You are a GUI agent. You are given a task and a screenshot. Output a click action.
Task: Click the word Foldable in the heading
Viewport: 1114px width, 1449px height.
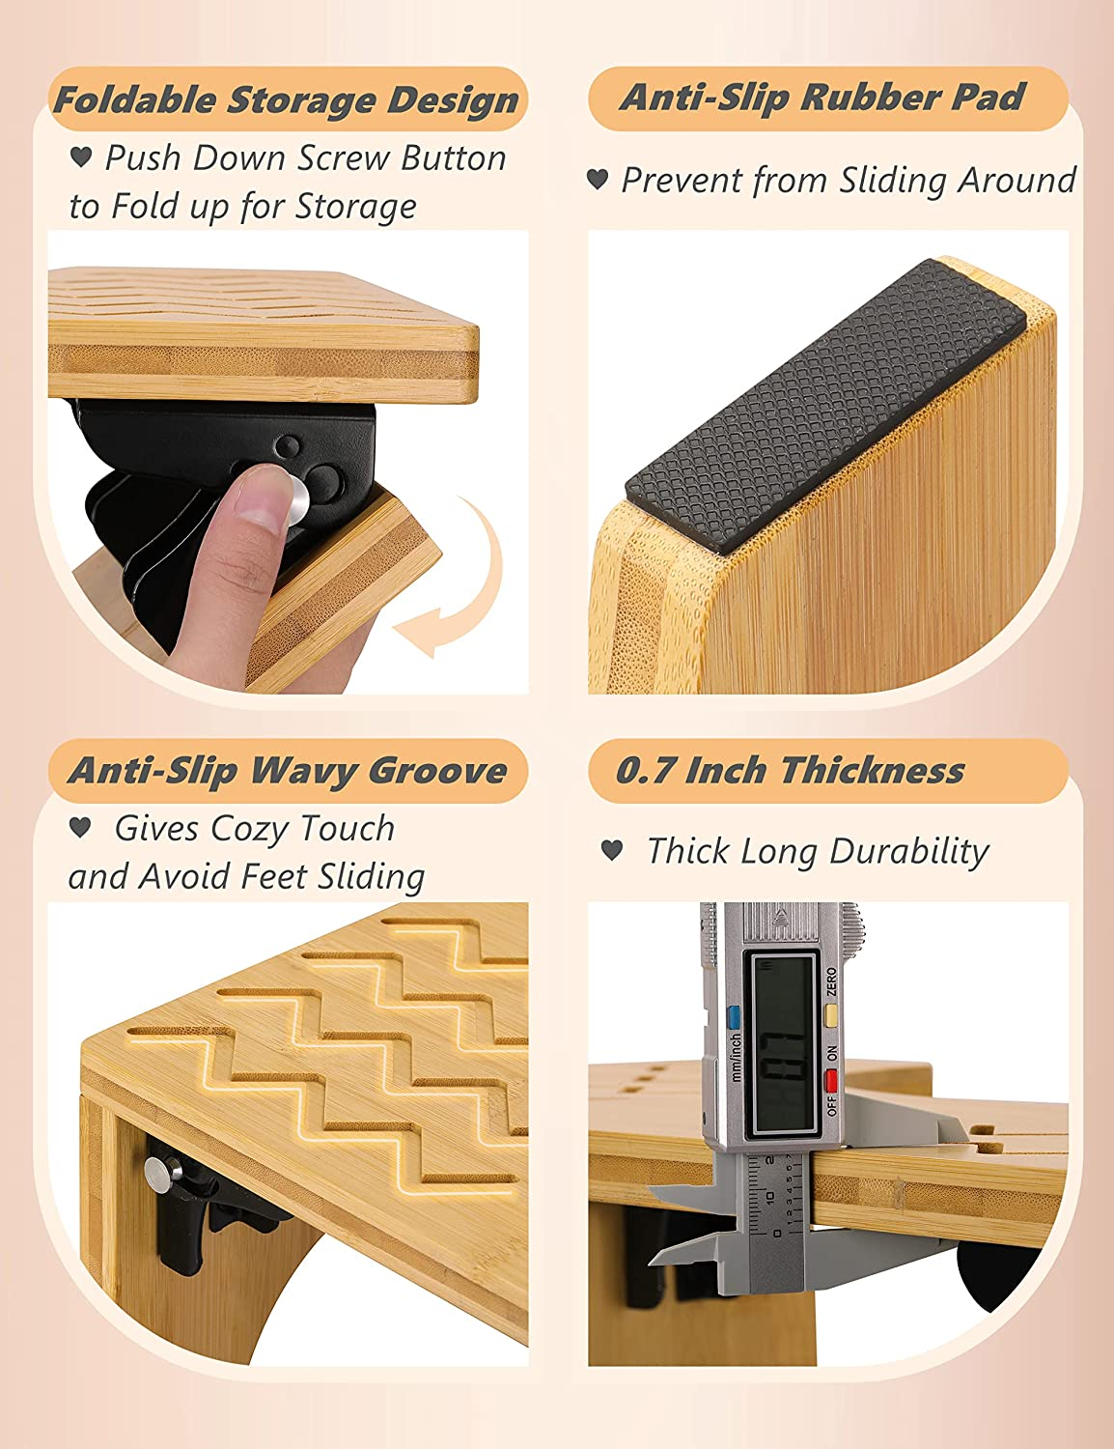point(135,100)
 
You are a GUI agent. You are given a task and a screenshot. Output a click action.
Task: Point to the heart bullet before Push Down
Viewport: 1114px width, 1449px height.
point(81,157)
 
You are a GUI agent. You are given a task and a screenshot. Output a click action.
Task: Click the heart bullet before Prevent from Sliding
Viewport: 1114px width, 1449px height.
point(598,179)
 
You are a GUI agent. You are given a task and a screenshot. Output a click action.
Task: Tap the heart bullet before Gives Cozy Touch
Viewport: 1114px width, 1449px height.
point(80,828)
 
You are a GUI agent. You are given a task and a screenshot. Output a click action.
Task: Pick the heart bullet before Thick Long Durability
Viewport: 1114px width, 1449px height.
point(612,850)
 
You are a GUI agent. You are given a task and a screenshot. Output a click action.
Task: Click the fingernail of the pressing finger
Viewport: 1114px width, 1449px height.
point(262,497)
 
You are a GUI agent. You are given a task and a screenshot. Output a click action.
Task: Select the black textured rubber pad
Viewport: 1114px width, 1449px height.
point(825,407)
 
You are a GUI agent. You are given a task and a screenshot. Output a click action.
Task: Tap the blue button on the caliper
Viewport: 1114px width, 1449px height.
point(735,1018)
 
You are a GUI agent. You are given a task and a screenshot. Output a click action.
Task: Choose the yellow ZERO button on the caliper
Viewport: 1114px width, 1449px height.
point(831,1015)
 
